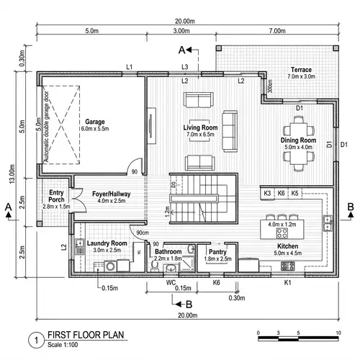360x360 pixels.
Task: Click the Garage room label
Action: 95,122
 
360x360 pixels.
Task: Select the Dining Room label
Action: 298,140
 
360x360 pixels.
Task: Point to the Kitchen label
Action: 286,246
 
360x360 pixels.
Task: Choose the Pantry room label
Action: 217,252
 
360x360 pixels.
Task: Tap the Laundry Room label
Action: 107,244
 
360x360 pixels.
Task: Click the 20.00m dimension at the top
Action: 184,21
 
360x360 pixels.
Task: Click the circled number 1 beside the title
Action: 33,339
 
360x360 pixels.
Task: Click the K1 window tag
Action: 287,283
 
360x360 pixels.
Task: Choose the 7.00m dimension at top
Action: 276,32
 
